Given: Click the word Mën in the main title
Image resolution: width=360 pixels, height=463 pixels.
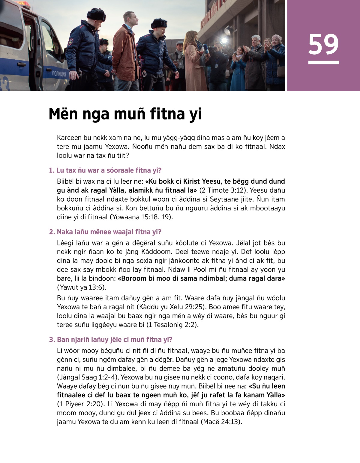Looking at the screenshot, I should (x=63, y=114).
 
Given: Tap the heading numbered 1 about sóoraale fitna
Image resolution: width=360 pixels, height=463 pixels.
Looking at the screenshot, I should (x=105, y=170).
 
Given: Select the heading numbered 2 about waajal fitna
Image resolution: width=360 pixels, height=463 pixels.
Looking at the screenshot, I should (x=105, y=232).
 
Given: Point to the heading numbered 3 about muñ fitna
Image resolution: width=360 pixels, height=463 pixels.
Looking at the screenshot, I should (x=111, y=340).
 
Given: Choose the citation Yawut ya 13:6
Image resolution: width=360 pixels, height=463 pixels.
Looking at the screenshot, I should (x=81, y=287).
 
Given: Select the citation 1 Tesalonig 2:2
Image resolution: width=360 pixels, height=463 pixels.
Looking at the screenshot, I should (x=172, y=325).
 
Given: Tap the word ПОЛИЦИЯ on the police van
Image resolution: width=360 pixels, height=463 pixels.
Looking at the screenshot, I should (x=59, y=74).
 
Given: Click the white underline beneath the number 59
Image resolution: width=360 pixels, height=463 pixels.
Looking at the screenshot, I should (x=323, y=62).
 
